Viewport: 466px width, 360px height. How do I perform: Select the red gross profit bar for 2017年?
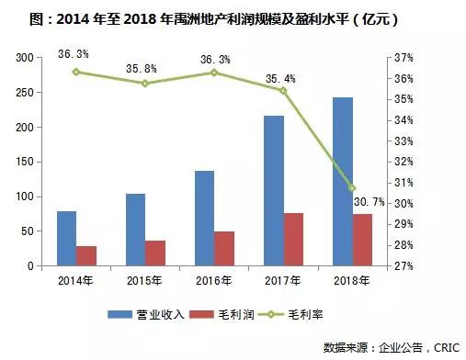tap(294, 239)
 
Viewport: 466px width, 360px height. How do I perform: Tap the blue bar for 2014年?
tap(66, 238)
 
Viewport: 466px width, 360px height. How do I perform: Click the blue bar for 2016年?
tap(204, 218)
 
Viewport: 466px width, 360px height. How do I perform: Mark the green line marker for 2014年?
tap(76, 72)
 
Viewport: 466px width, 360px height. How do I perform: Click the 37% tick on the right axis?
tap(403, 58)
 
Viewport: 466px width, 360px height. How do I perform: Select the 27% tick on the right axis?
tap(403, 266)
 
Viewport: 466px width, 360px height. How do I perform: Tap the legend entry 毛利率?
tap(315, 315)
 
